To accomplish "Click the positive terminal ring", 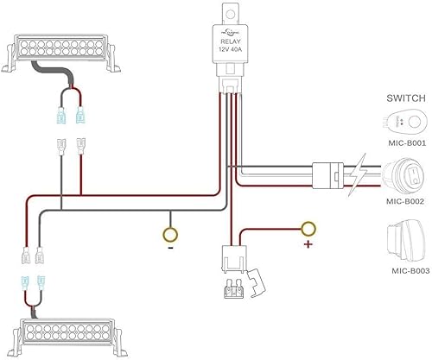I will [x=308, y=229].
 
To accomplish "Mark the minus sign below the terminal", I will [x=171, y=247].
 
